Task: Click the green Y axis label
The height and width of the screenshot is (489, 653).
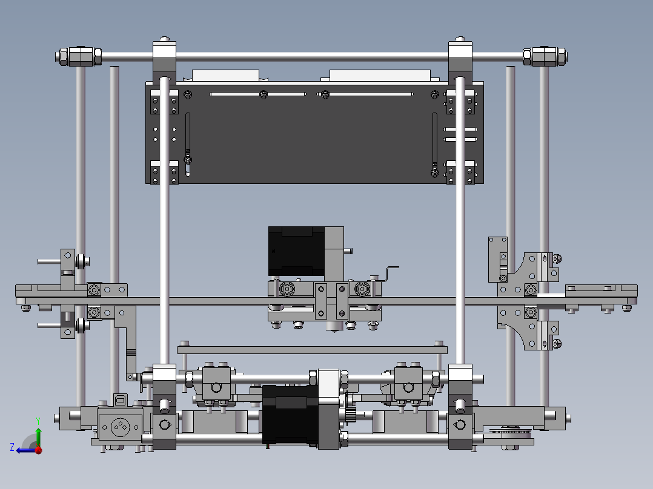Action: point(38,421)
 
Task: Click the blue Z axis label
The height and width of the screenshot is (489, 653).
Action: point(12,447)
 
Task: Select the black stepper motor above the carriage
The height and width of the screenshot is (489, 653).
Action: point(296,251)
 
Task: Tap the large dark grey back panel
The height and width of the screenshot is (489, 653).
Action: point(314,133)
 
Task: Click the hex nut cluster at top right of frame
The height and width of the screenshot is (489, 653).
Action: point(545,56)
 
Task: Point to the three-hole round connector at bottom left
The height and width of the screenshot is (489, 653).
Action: point(121,427)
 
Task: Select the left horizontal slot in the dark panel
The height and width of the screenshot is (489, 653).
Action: point(258,94)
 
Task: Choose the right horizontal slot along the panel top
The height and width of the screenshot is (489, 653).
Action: point(365,94)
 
